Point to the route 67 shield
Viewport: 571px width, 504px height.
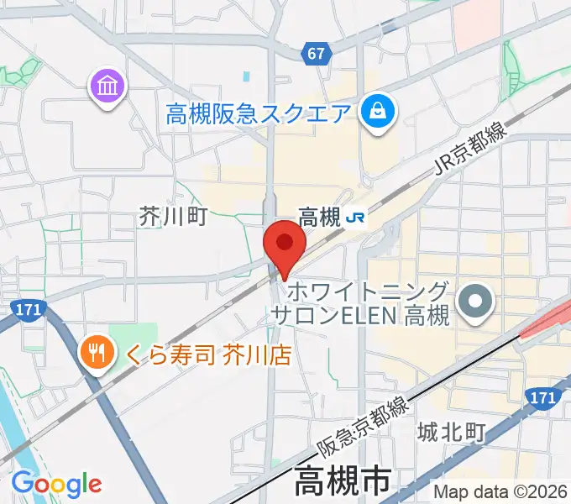tap(315, 54)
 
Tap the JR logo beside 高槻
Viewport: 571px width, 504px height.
tap(355, 218)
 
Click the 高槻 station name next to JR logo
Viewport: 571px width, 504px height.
tap(319, 218)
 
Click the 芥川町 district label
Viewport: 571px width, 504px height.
tap(172, 218)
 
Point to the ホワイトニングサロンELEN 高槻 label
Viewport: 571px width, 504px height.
tap(360, 304)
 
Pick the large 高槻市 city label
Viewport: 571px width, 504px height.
tap(342, 483)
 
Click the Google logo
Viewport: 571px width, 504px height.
tap(55, 483)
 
